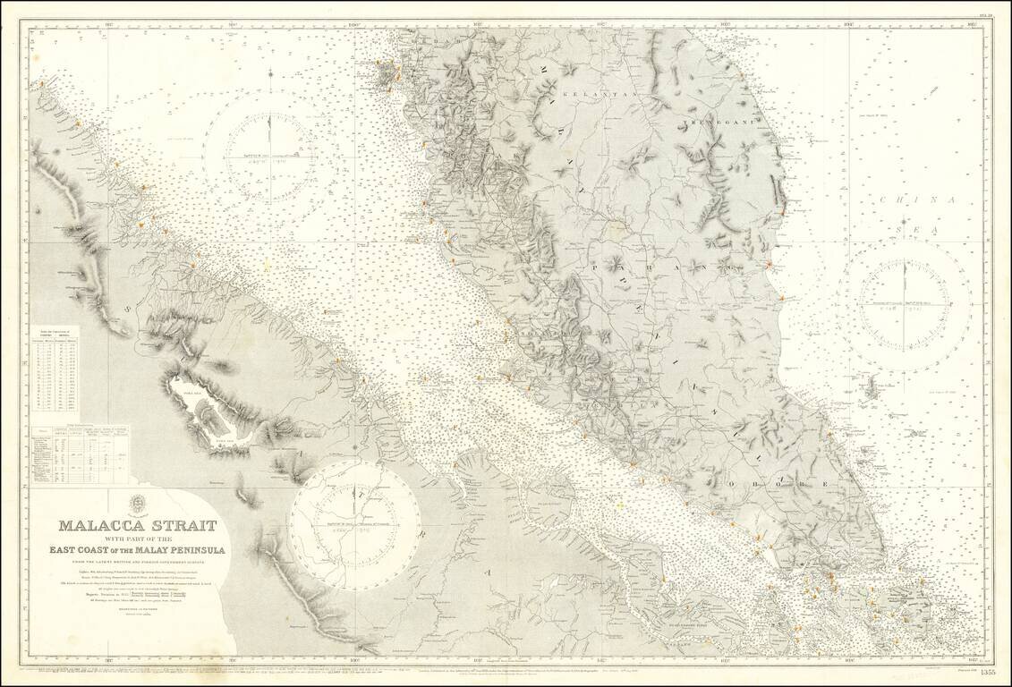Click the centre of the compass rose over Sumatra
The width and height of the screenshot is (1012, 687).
tap(353, 513)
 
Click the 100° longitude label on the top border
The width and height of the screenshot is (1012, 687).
tap(354, 24)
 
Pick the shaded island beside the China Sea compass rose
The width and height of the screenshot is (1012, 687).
tap(870, 387)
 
